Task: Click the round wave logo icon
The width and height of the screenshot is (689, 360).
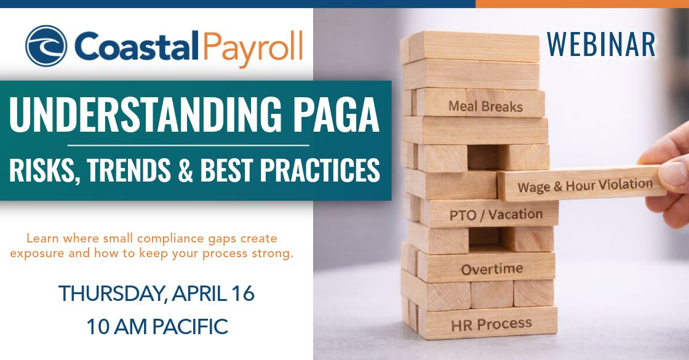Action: click(x=46, y=46)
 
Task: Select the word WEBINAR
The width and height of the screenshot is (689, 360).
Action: click(x=601, y=44)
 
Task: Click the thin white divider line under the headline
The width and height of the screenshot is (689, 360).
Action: click(x=188, y=145)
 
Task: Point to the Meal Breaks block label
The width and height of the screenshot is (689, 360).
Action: click(x=485, y=106)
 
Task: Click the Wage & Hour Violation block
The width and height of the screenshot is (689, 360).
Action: click(x=582, y=182)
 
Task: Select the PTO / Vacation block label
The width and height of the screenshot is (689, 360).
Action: click(x=496, y=215)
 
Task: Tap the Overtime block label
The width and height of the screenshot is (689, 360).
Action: click(x=492, y=268)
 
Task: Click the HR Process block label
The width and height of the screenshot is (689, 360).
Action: click(x=492, y=325)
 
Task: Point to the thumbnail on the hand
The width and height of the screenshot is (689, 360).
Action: click(x=674, y=173)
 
